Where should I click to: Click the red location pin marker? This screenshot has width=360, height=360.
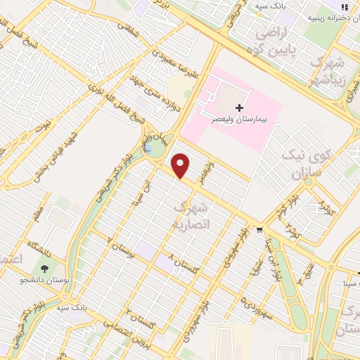(x=181, y=166)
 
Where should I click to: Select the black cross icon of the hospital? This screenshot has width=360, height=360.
(x=240, y=108)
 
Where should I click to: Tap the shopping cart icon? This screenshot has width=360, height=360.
(x=259, y=229)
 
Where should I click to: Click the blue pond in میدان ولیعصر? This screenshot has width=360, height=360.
(x=155, y=150)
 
